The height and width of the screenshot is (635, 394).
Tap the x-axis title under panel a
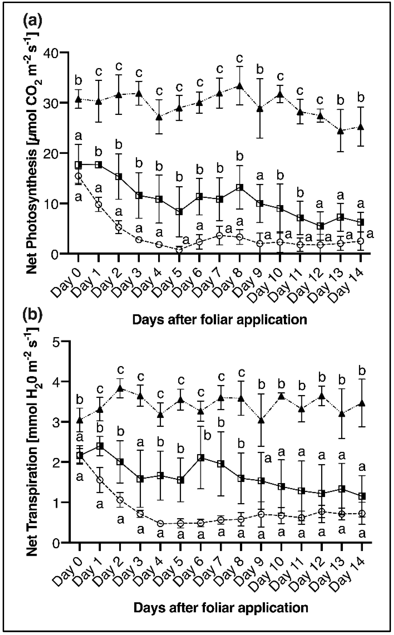pyautogui.click(x=219, y=320)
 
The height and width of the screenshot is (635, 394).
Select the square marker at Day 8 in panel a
pyautogui.click(x=240, y=187)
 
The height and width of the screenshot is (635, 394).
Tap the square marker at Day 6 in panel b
pyautogui.click(x=201, y=458)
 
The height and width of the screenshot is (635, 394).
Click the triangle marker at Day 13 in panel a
pyautogui.click(x=341, y=131)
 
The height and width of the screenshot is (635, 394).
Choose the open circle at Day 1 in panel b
pyautogui.click(x=100, y=480)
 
